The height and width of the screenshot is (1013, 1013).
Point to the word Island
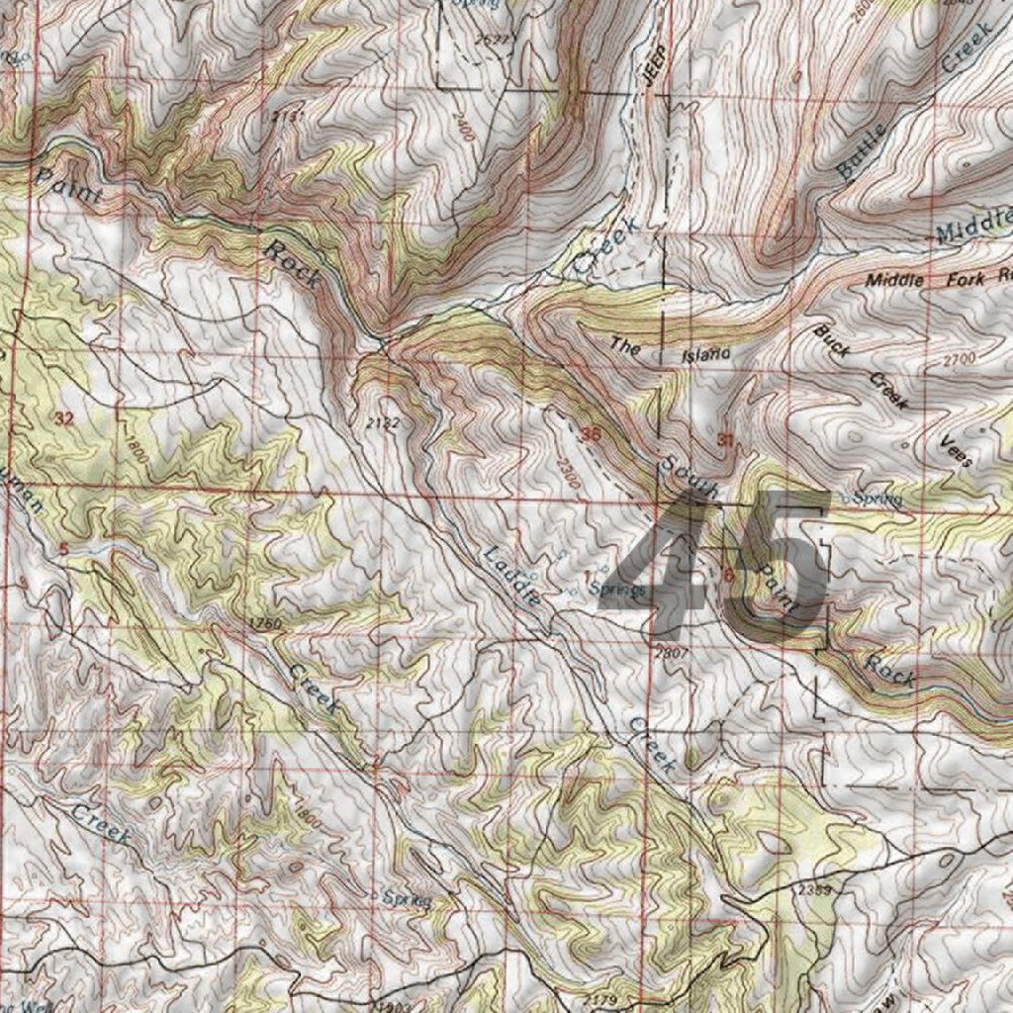pos(705,353)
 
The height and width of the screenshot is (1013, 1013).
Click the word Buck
pos(832,338)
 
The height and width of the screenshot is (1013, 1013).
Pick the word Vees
pos(958,451)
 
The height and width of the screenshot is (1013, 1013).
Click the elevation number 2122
pos(383,422)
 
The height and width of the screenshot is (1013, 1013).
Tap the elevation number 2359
pos(814,890)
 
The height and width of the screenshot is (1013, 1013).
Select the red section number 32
pos(64,418)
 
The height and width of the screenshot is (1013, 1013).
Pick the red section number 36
pos(592,433)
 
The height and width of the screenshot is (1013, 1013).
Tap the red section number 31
pos(726,439)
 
